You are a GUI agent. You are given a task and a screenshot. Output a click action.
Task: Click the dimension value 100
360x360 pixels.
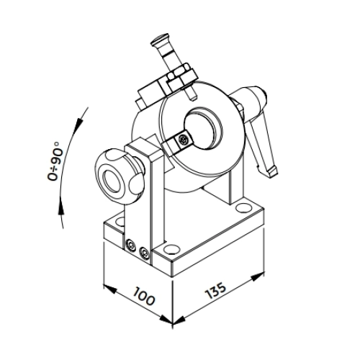144,296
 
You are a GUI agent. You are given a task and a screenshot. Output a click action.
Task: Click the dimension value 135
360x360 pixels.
215,291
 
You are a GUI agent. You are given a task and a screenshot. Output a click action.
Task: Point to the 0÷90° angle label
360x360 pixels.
53,161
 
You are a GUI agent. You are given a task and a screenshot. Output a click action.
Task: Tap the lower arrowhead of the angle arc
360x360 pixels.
61,207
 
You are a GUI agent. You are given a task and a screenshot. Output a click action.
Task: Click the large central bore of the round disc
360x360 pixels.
204,130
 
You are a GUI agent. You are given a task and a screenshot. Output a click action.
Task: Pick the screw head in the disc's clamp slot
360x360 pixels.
184,140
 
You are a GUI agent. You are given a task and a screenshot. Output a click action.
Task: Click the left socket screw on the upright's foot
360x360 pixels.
130,246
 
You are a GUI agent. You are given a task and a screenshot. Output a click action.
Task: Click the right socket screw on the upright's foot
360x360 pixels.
144,253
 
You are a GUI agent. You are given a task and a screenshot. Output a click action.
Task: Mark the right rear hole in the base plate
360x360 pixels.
243,207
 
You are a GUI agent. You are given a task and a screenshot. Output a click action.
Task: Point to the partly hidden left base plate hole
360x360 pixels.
120,221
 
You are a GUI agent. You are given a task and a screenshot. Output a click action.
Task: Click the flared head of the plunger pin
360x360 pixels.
160,40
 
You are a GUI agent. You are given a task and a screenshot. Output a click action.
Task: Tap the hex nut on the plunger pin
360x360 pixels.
181,69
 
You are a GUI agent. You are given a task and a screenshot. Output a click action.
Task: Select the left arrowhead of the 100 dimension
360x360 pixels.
110,289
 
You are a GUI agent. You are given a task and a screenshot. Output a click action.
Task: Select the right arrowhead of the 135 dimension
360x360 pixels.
258,276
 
